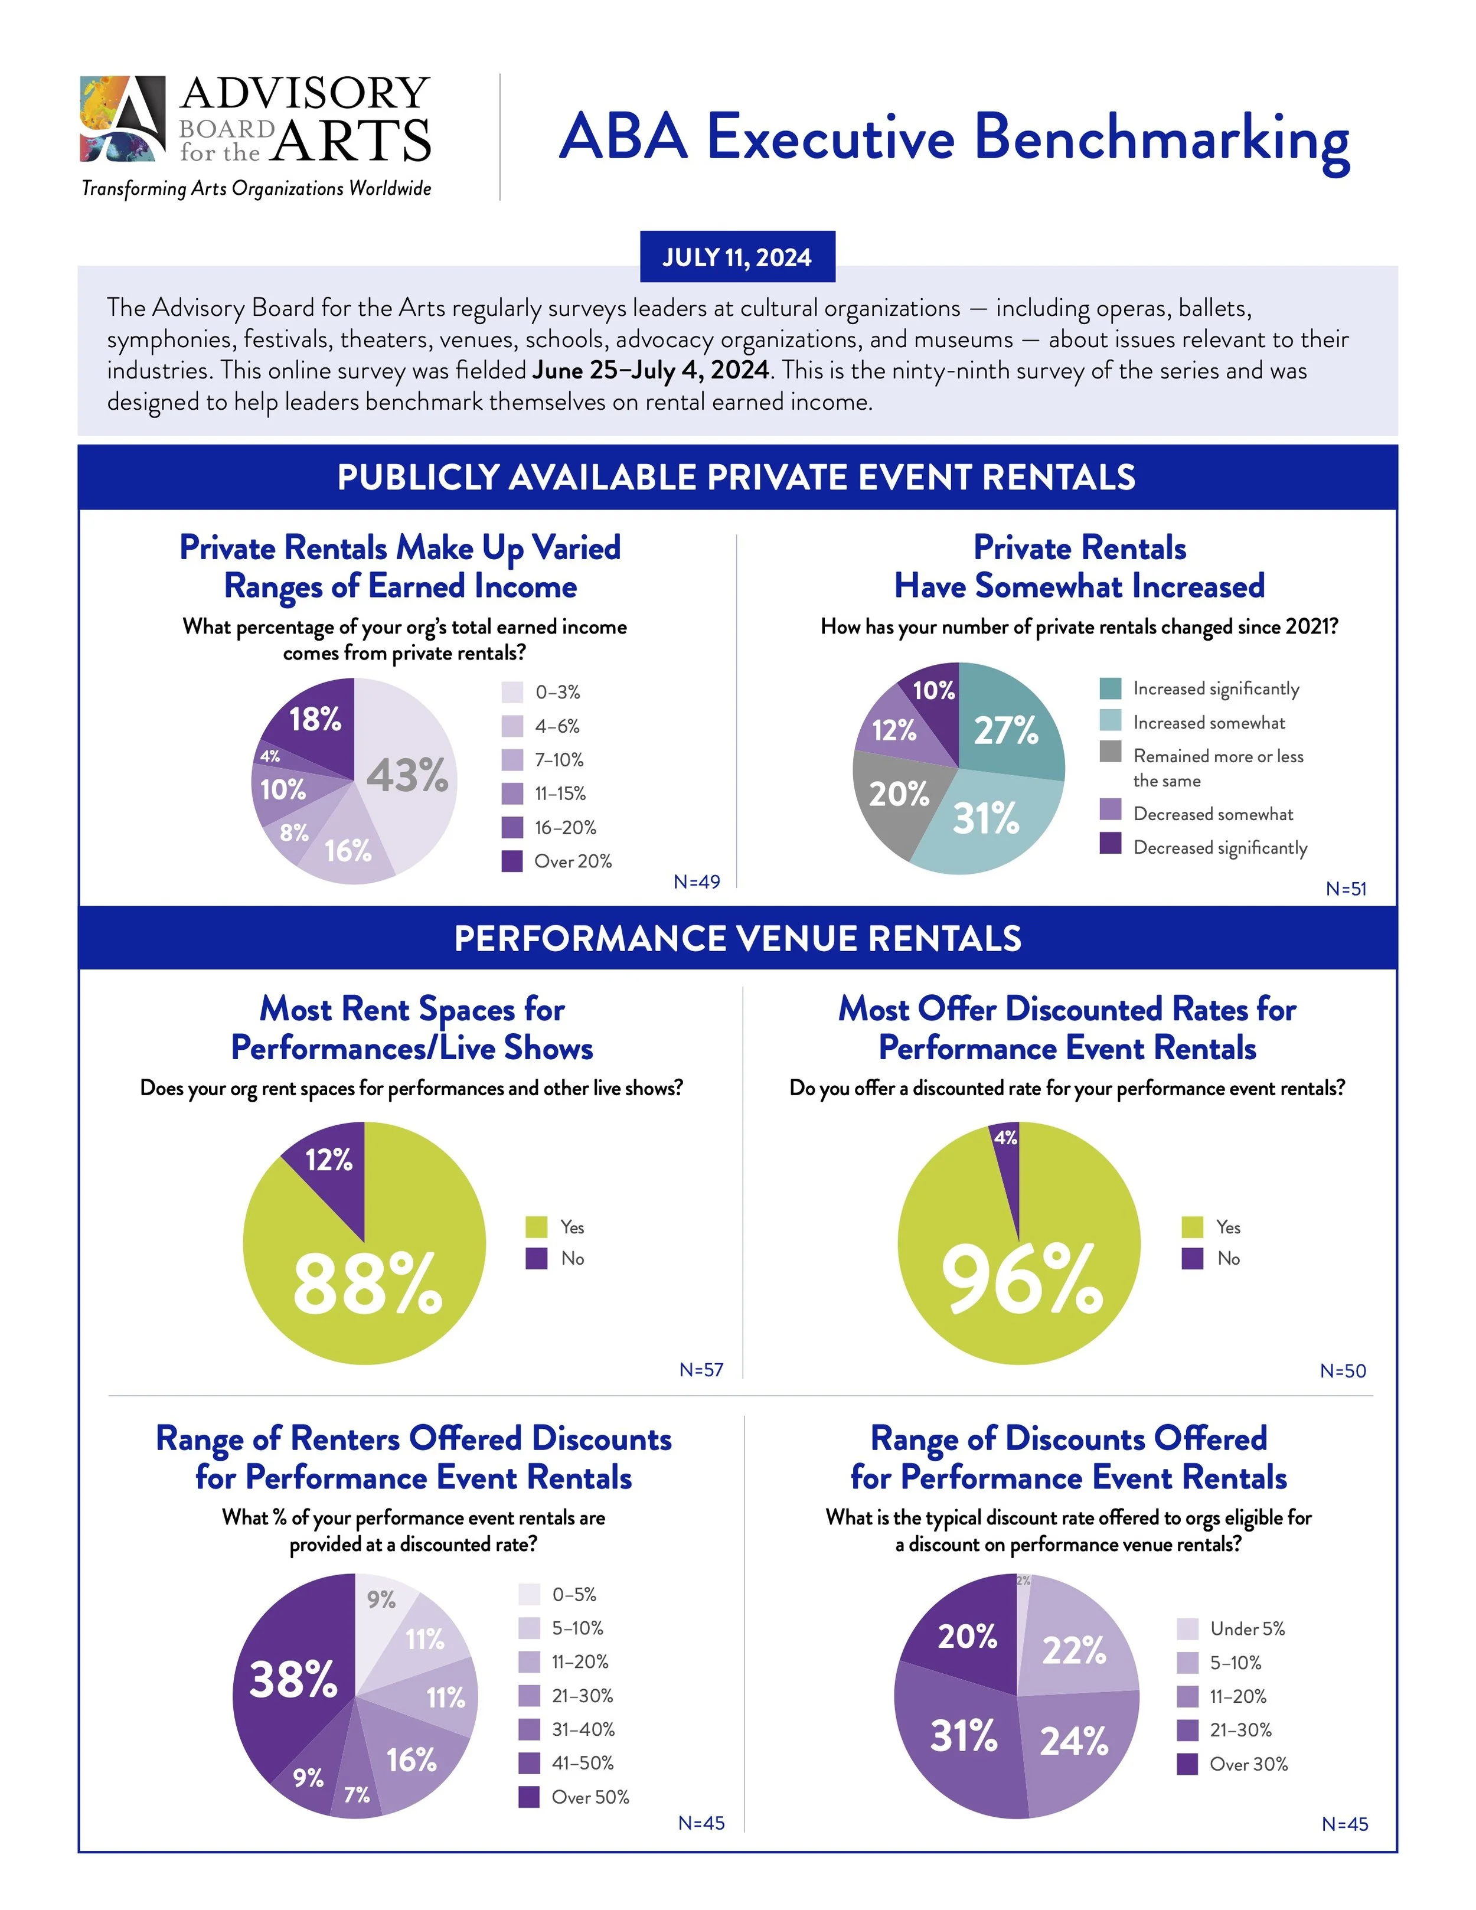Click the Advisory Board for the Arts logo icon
(x=122, y=119)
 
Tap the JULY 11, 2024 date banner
(x=737, y=257)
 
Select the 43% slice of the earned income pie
(x=407, y=775)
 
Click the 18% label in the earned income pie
(x=315, y=719)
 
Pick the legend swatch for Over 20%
(x=511, y=861)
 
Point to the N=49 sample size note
(x=697, y=881)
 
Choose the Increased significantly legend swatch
(x=1111, y=688)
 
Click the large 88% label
(x=367, y=1283)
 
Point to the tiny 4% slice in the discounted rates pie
(x=1007, y=1141)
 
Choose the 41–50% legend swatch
(x=529, y=1763)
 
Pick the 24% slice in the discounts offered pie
(x=1074, y=1741)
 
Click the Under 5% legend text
(x=1247, y=1628)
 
